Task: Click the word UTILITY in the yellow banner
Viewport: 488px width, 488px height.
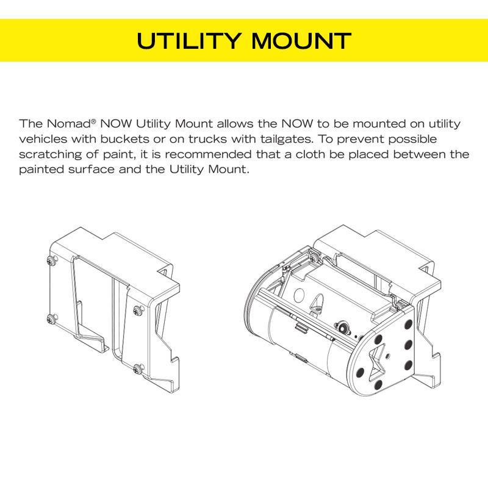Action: (x=189, y=40)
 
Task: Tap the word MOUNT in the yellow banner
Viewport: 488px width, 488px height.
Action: (x=301, y=40)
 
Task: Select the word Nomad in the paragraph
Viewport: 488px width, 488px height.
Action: (x=68, y=124)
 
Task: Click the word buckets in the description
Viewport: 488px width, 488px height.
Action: (x=124, y=139)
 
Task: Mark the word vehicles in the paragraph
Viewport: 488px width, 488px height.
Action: (x=43, y=139)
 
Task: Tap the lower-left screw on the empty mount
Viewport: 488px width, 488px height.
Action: (x=51, y=318)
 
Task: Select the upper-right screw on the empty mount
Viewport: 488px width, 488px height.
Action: (x=138, y=310)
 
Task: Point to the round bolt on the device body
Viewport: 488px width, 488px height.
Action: (x=342, y=328)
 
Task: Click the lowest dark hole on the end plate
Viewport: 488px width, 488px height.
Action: (x=378, y=385)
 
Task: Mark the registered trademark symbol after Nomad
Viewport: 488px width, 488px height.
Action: (x=93, y=120)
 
